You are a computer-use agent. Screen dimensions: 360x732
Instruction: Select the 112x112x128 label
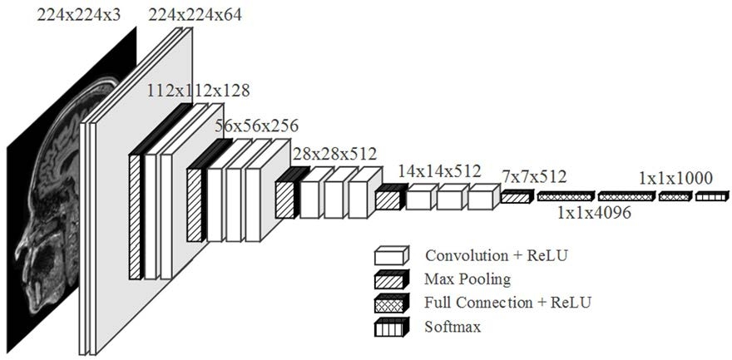coord(198,89)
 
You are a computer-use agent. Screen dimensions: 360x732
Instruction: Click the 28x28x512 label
coord(334,154)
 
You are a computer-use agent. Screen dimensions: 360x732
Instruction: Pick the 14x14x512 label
coord(439,171)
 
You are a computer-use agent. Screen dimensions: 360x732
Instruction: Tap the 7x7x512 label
coord(534,176)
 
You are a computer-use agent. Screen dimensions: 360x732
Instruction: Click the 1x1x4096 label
coord(594,213)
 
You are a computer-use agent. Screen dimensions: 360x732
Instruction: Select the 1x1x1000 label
coord(675,178)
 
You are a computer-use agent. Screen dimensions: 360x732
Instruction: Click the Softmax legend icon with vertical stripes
coord(391,326)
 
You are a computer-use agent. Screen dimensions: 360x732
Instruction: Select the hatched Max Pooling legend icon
coord(391,279)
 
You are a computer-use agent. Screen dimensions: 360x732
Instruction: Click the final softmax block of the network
coord(711,197)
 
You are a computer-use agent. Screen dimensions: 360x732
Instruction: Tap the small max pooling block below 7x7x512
coord(516,197)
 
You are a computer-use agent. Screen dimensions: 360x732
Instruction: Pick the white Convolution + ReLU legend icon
coord(391,255)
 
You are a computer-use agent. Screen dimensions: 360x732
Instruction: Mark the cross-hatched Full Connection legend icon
coord(391,302)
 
